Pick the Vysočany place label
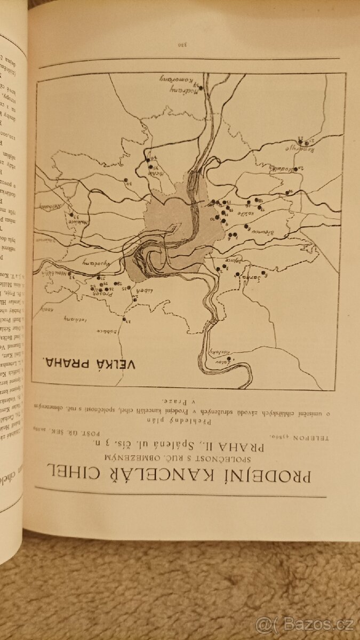coord(92,263)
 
